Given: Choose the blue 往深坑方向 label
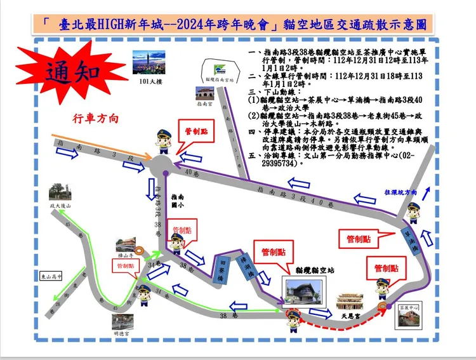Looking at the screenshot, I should pos(400,192).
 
